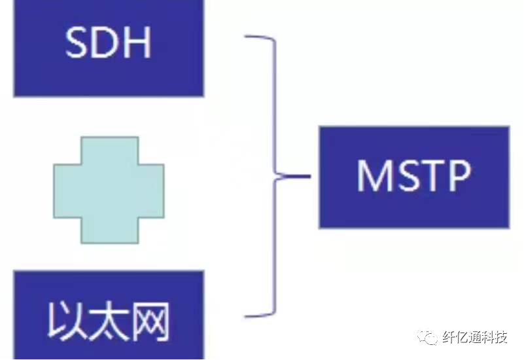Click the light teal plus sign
click(109, 190)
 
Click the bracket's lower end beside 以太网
click(247, 315)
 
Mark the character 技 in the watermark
click(500, 338)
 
